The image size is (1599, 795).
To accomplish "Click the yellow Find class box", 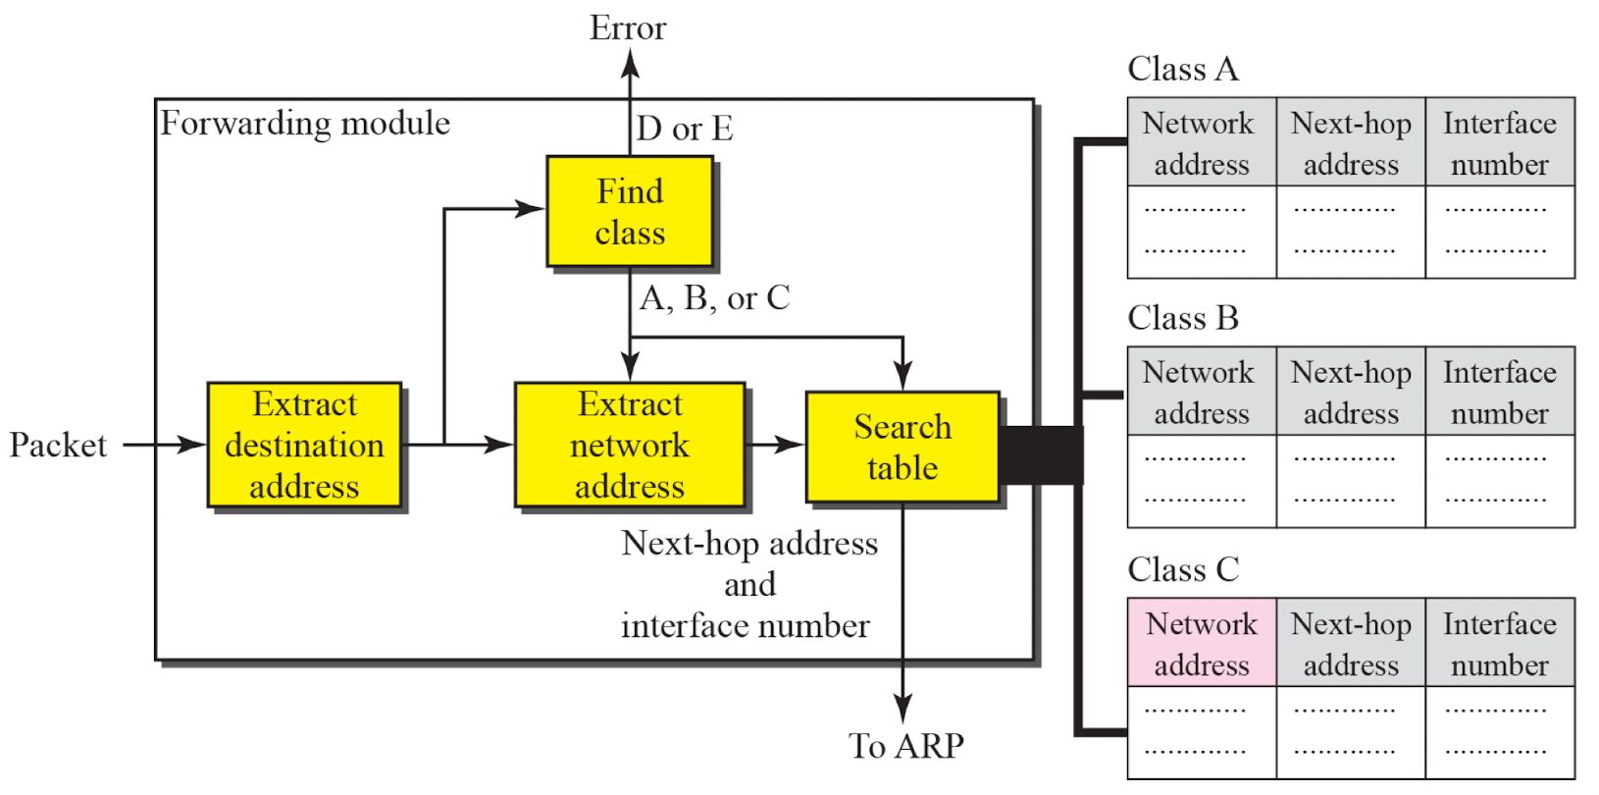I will pyautogui.click(x=630, y=211).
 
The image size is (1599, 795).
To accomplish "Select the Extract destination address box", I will pyautogui.click(x=304, y=445).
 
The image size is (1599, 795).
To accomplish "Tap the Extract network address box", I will pyautogui.click(x=630, y=445).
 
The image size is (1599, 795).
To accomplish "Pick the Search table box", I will pyautogui.click(x=903, y=447).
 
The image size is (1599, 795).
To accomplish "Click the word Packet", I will pyautogui.click(x=58, y=445).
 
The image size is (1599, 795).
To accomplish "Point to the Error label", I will pyautogui.click(x=628, y=27).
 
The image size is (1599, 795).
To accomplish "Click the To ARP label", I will pyautogui.click(x=906, y=746).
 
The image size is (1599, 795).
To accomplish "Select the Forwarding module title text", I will pyautogui.click(x=305, y=123).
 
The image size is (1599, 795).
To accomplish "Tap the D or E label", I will pyautogui.click(x=685, y=129).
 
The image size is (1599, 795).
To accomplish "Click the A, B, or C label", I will pyautogui.click(x=714, y=297).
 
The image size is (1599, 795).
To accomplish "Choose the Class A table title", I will pyautogui.click(x=1183, y=69).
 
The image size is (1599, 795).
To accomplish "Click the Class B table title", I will pyautogui.click(x=1183, y=318).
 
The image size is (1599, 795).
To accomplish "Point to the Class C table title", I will pyautogui.click(x=1183, y=569).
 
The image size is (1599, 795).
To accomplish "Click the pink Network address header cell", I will pyautogui.click(x=1202, y=643).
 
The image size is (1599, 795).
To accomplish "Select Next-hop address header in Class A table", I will pyautogui.click(x=1351, y=142).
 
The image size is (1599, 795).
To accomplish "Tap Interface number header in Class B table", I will pyautogui.click(x=1500, y=392).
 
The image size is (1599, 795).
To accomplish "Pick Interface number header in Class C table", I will pyautogui.click(x=1500, y=643).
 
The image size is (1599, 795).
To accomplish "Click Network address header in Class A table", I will pyautogui.click(x=1202, y=142).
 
